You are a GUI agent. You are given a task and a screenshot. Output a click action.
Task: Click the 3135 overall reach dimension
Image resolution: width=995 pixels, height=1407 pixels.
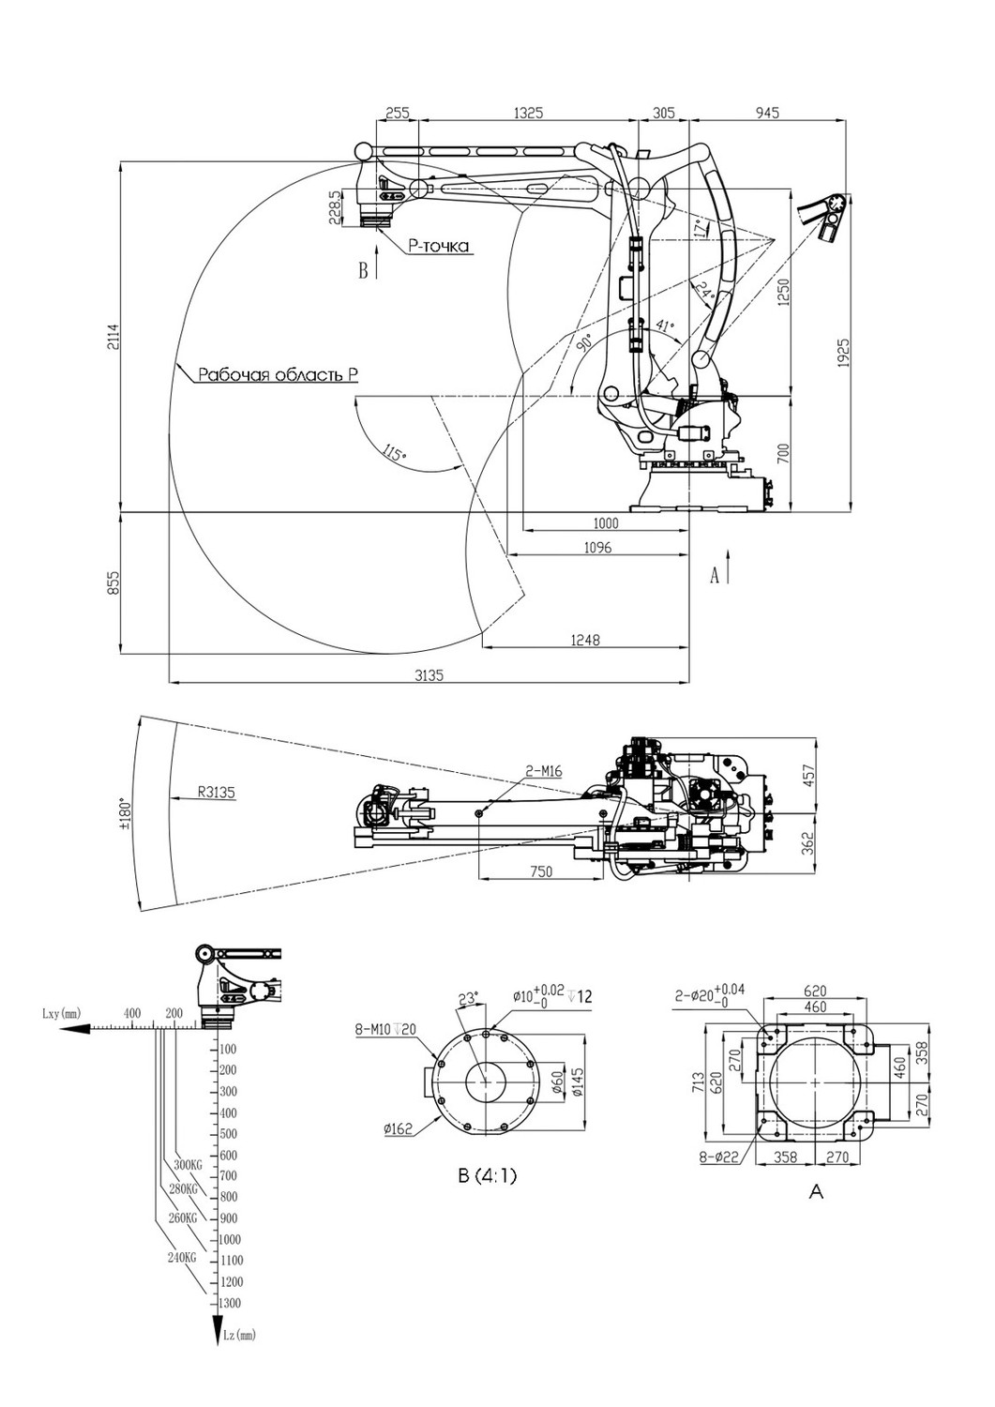click(x=430, y=675)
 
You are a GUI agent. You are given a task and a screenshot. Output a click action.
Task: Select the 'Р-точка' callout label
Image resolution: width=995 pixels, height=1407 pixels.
click(x=439, y=246)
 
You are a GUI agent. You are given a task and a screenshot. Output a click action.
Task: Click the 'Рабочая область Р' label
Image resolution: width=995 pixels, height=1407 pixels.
click(x=279, y=375)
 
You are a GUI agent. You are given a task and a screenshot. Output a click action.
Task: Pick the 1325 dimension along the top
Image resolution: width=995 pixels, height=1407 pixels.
click(x=528, y=113)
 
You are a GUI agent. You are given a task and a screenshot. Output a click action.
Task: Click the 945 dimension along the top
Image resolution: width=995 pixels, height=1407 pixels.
click(x=767, y=113)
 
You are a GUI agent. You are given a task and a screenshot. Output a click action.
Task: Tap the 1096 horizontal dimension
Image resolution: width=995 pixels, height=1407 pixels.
click(x=597, y=548)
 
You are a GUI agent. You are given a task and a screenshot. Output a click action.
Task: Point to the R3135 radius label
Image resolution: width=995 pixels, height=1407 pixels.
click(x=216, y=793)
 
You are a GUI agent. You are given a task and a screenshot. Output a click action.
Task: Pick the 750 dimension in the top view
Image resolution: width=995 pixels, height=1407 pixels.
click(x=541, y=871)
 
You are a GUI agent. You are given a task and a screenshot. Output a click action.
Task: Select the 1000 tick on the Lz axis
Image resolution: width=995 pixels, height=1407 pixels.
click(x=231, y=1239)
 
